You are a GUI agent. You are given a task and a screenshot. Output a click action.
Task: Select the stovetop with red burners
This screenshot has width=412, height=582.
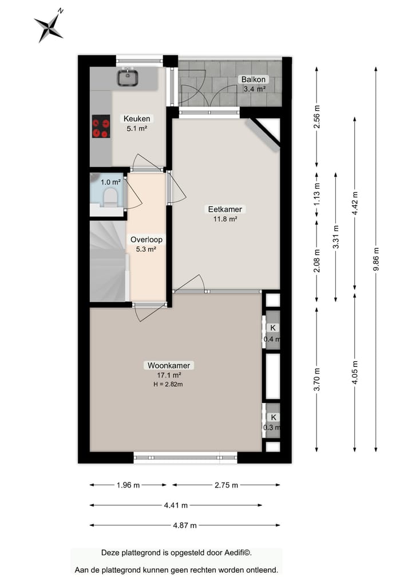[x=101, y=126]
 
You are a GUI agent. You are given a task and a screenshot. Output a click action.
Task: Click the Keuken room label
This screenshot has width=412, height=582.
[x=137, y=119]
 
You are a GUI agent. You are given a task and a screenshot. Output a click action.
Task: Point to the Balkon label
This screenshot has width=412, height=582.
[x=252, y=80]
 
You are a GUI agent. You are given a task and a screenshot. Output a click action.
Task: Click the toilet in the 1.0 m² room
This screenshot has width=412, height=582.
[x=109, y=197]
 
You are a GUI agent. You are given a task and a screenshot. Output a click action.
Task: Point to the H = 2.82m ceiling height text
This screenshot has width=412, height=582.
[x=168, y=383]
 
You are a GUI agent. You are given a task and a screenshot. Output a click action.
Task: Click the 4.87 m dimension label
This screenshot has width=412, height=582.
[x=185, y=525]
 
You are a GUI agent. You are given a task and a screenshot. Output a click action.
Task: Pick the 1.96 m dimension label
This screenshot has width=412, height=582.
[x=128, y=485]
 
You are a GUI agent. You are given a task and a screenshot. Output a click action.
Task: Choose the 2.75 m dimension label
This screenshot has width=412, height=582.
[x=226, y=485]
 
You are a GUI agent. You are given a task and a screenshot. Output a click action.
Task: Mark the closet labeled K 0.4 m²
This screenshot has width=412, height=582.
[x=272, y=333]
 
